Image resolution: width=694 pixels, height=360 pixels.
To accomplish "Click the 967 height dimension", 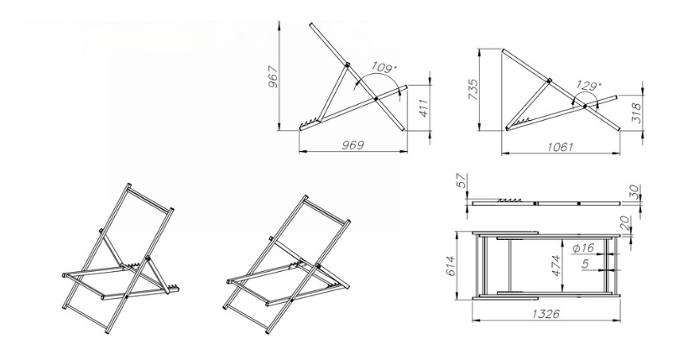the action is [x=273, y=77].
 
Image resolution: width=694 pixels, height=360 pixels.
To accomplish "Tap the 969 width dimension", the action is [x=353, y=145].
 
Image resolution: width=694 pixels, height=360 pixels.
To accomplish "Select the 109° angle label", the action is [x=384, y=68].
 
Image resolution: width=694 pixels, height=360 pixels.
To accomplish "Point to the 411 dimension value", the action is [x=424, y=107].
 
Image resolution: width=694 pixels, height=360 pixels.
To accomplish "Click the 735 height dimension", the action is [x=473, y=90].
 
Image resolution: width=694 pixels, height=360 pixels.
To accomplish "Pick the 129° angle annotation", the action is [x=589, y=85].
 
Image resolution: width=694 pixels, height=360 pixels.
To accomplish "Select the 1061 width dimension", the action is [x=561, y=147].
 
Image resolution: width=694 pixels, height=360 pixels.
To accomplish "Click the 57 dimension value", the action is [x=462, y=181].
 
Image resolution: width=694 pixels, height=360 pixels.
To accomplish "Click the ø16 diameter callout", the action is [x=583, y=248].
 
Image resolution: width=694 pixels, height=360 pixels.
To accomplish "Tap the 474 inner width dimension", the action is [x=556, y=265].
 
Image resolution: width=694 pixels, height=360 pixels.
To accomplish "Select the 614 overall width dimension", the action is [x=451, y=266].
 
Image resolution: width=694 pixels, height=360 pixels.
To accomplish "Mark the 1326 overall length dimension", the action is [x=546, y=314].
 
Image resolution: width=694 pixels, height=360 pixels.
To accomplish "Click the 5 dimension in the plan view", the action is [x=586, y=264].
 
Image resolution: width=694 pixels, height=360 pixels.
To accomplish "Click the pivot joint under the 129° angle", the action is [x=584, y=107].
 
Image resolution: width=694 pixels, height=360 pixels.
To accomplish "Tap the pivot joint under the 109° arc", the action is [x=375, y=99].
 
